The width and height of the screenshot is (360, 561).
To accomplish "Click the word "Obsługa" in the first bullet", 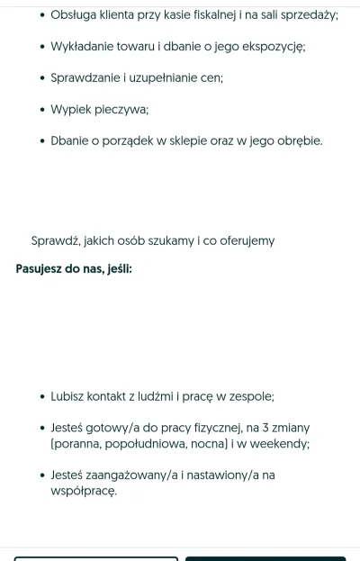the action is tap(75, 15).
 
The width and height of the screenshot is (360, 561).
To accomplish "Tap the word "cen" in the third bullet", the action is tap(212, 78).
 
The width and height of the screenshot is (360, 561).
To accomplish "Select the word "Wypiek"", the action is tap(70, 110).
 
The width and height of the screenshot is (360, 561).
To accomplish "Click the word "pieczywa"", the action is tap(120, 110).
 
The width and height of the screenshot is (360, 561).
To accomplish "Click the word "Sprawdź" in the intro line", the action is tap(56, 241).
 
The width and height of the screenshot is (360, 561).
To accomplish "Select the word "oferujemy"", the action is tap(245, 241).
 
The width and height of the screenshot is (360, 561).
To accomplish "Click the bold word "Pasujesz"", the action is tap(41, 269).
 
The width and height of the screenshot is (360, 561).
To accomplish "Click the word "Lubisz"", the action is tap(68, 396).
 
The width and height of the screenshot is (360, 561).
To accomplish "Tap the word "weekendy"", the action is tap(280, 444).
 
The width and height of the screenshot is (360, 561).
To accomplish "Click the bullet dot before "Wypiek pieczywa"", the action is tap(41, 110).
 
